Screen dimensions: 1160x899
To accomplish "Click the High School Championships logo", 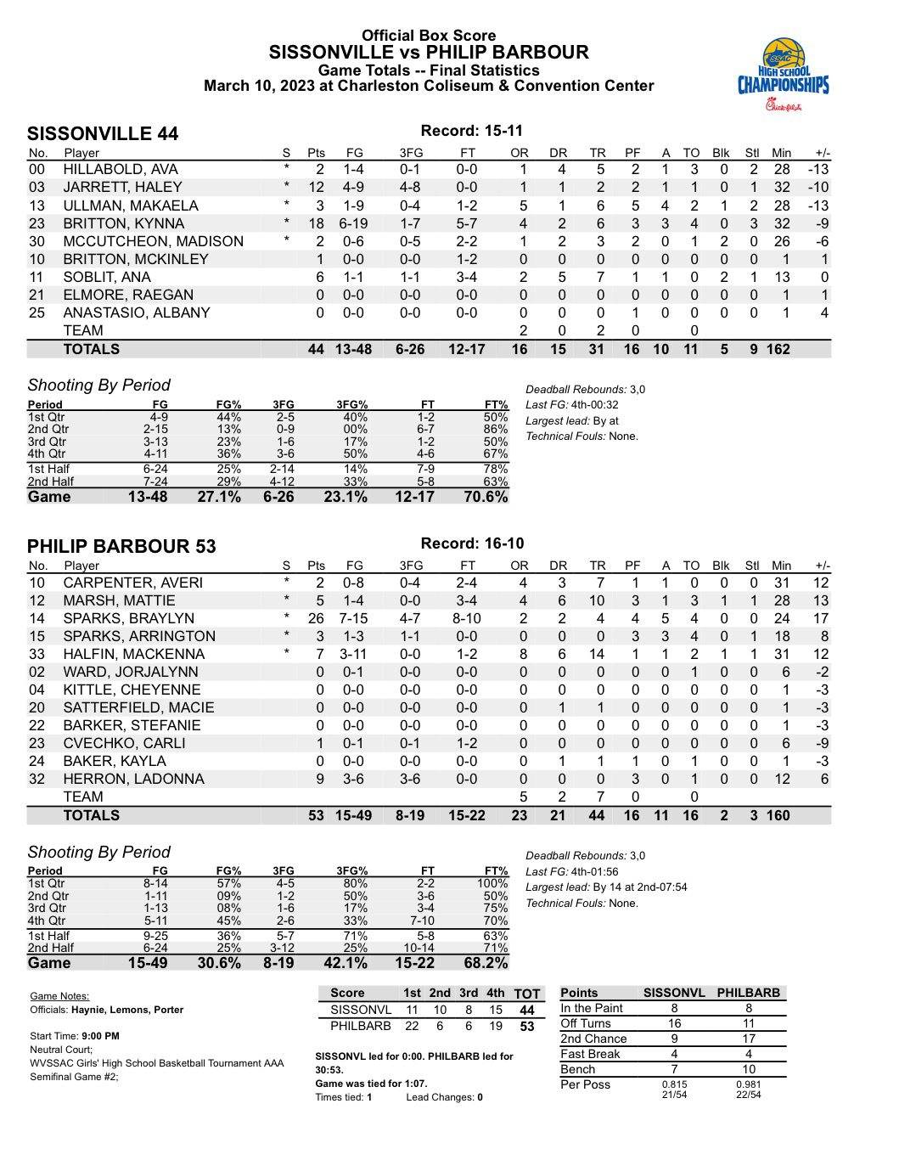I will coord(782,75).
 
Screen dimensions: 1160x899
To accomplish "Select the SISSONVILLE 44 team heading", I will coord(103,134).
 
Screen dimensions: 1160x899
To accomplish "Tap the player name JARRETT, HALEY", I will coord(122,187).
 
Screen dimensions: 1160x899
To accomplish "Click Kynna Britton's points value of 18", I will coord(316,223).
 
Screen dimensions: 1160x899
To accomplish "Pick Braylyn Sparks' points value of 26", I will coord(316,618).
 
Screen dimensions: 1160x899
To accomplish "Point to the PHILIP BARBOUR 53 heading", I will coord(121,546).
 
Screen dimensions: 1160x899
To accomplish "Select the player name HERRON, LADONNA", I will coord(133,779).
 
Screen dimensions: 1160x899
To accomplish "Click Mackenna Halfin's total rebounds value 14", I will coord(597,654).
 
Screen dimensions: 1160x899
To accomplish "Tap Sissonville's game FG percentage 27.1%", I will coord(218,497).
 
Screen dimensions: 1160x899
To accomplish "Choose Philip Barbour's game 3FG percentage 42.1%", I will coord(345,963).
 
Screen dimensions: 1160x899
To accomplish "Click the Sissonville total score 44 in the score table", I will coord(527,1010).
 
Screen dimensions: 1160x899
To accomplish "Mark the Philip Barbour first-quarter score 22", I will coord(412,1026).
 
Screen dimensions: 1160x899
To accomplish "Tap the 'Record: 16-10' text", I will coord(472,543).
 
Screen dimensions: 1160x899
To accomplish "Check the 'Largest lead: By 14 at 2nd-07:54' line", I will coord(606,887).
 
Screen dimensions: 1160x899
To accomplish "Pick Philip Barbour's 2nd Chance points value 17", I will coord(748,1039).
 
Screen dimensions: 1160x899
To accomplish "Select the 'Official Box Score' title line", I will coord(429,36).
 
